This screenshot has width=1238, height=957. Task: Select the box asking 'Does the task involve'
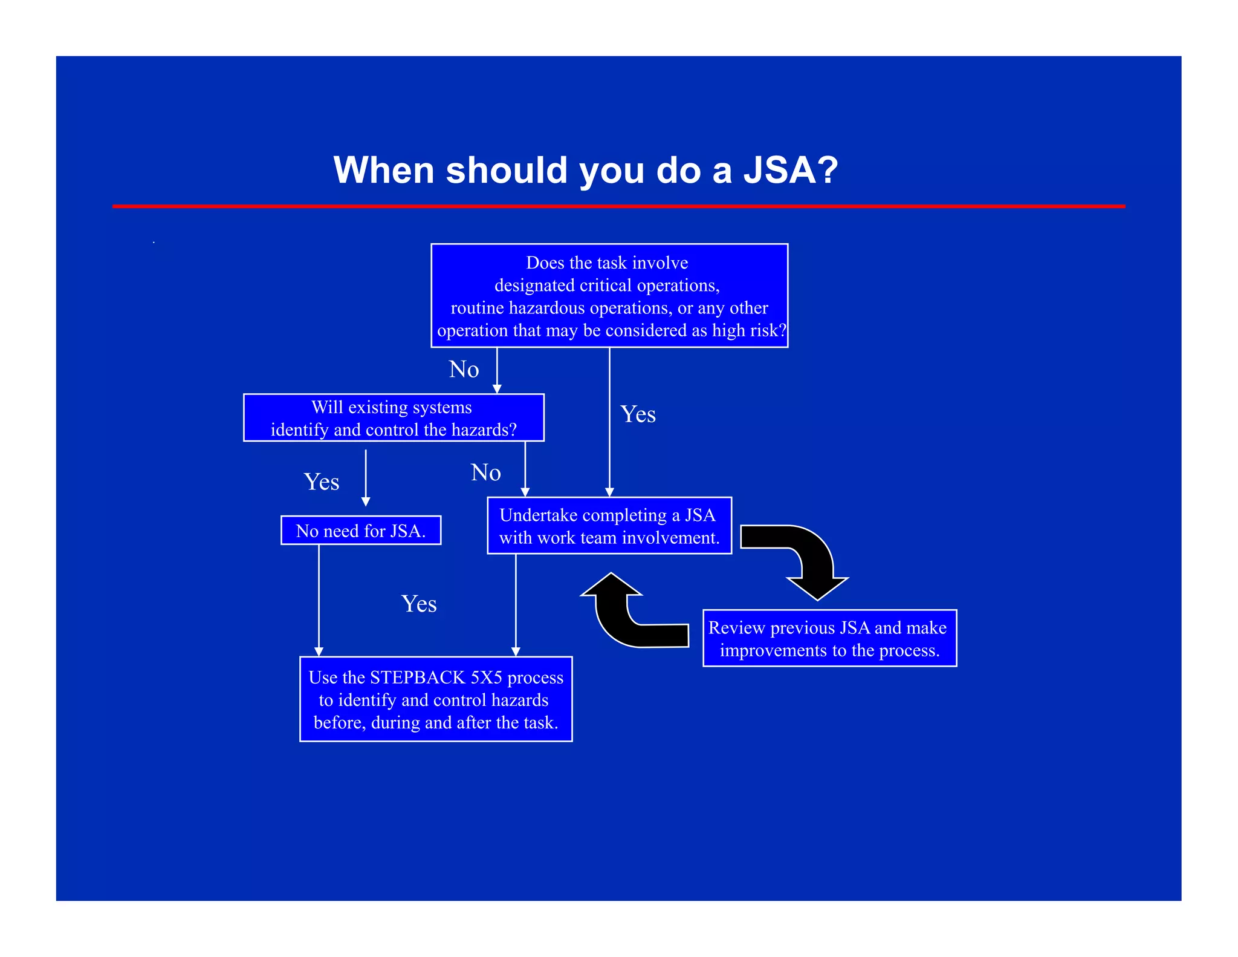point(609,295)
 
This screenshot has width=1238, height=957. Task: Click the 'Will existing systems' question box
point(394,417)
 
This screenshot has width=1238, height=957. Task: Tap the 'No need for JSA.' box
point(361,531)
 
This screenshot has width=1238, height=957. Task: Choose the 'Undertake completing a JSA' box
point(609,526)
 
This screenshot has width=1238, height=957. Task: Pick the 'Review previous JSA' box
point(829,638)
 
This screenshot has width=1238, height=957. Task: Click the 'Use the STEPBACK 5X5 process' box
point(435,699)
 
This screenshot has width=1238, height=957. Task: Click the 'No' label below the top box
point(464,369)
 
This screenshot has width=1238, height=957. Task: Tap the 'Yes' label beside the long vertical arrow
point(638,414)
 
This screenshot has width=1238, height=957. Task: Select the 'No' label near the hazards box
point(485,472)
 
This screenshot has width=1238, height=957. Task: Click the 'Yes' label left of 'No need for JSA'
point(321,482)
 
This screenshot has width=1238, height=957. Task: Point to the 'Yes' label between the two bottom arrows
point(418,604)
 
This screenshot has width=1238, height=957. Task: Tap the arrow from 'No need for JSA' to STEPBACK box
point(319,599)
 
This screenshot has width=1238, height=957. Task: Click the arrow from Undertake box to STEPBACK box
point(516,605)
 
